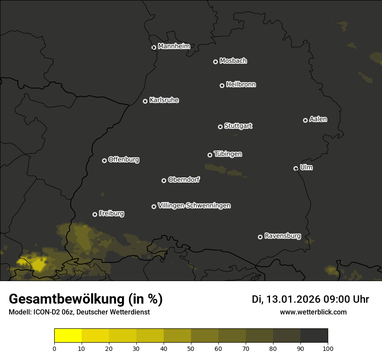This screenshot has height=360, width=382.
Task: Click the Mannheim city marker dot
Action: point(154,48)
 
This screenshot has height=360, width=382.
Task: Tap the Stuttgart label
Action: point(238,126)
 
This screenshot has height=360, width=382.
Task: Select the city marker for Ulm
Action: point(296,168)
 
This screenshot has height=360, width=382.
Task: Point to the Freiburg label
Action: point(111,213)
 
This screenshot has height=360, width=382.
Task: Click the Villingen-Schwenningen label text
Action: point(194,206)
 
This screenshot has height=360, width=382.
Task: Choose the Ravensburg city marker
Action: point(260,237)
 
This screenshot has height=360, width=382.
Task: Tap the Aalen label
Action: point(318,119)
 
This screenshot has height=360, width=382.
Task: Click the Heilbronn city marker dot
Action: point(222,85)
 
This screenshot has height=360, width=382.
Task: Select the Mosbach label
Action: point(233,61)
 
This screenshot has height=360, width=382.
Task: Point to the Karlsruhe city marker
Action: point(145,101)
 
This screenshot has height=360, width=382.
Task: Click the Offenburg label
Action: point(124,160)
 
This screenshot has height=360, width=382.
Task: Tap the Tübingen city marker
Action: point(210,155)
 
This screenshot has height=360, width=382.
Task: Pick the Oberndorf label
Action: point(184,180)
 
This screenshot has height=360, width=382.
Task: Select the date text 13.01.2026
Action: point(293,299)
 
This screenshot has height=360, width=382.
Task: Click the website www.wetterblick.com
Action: point(313,312)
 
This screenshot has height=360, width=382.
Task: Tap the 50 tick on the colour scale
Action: point(191,348)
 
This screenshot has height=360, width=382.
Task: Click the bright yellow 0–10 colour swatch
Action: point(68,336)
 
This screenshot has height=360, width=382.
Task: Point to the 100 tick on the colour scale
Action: point(328,348)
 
